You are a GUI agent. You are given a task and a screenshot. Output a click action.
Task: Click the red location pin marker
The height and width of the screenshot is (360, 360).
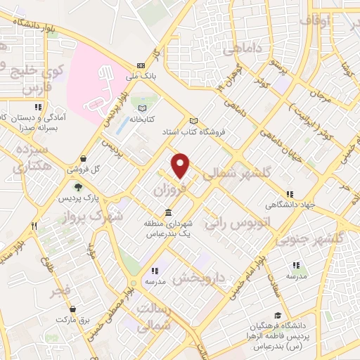pyautogui.click(x=181, y=165)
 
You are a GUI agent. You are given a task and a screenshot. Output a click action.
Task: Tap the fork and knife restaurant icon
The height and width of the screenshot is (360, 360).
pyautogui.click(x=33, y=226)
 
